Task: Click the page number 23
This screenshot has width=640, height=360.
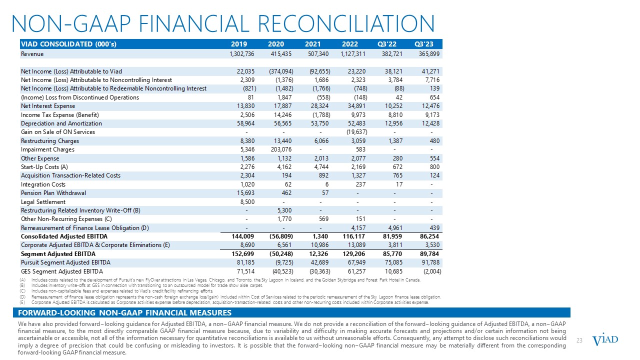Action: click(580, 340)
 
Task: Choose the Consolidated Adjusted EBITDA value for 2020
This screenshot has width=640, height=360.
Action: click(273, 236)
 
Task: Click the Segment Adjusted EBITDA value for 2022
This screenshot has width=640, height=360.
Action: click(355, 254)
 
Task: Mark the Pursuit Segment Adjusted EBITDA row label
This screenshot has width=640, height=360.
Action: click(65, 262)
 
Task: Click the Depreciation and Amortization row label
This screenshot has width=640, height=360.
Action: click(61, 123)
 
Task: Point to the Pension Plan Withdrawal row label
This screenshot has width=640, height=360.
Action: click(53, 193)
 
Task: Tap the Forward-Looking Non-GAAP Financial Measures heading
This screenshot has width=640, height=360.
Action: click(125, 313)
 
